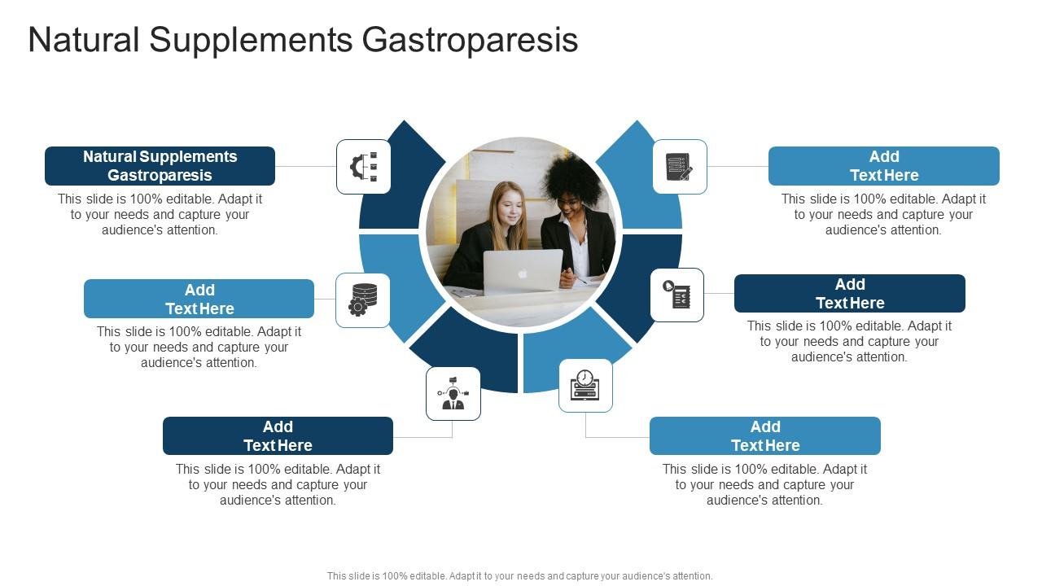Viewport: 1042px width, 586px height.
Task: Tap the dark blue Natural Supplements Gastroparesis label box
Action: (x=160, y=166)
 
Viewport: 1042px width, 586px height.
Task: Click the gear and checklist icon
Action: (x=364, y=167)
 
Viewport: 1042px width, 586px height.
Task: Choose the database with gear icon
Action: (x=363, y=300)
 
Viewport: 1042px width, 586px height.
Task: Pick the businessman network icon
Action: (x=453, y=394)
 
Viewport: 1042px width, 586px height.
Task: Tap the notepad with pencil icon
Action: (x=679, y=167)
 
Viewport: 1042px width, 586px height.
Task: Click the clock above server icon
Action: (x=585, y=385)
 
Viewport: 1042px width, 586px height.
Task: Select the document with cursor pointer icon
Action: (x=677, y=295)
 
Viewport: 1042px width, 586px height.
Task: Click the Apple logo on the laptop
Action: (x=523, y=273)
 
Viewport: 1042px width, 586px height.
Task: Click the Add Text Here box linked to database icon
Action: (x=199, y=299)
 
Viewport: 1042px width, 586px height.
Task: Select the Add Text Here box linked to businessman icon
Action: (x=278, y=435)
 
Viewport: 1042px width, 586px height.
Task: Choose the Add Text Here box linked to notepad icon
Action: (x=883, y=166)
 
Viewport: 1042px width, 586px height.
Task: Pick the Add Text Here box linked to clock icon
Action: (x=764, y=435)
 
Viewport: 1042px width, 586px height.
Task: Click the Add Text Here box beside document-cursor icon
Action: (x=849, y=293)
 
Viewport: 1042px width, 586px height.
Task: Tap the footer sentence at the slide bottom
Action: (x=519, y=575)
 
